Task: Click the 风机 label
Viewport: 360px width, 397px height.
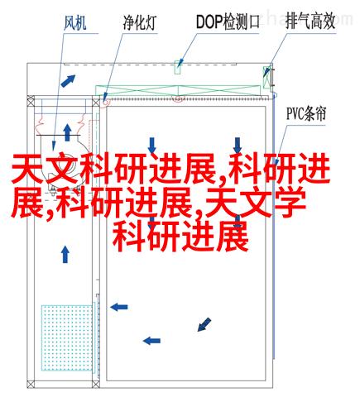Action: tap(75, 22)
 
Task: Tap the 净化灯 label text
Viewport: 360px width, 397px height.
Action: tap(140, 22)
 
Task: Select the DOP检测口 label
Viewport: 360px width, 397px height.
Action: tap(228, 22)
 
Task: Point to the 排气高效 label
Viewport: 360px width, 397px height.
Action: tap(310, 22)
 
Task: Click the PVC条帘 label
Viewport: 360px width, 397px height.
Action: tap(306, 114)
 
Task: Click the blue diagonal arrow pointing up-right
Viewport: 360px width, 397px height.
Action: tap(68, 81)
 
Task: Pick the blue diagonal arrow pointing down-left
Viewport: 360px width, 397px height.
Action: tap(204, 324)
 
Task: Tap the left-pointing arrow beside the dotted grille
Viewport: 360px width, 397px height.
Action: tap(119, 307)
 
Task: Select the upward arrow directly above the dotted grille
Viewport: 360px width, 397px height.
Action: tap(65, 255)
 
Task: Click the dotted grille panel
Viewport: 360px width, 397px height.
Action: tap(67, 337)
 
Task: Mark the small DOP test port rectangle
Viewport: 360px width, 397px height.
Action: tap(177, 68)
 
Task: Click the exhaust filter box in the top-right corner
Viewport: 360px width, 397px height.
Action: tap(267, 77)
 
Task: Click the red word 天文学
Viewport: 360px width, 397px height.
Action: tap(255, 203)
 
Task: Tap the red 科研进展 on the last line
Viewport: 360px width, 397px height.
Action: tap(180, 237)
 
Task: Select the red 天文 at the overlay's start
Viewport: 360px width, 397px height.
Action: tap(46, 169)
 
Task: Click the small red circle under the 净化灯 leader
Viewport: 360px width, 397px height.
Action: tap(105, 103)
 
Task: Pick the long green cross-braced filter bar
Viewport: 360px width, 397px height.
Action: tap(178, 91)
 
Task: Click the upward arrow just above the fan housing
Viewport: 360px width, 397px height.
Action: tap(67, 132)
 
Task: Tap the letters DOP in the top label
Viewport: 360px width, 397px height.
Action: tap(209, 22)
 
